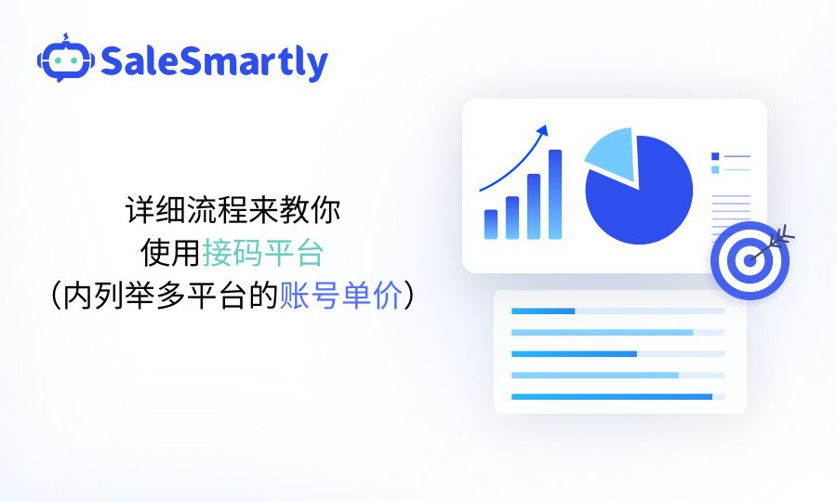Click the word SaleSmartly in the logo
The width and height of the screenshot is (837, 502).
coord(214,61)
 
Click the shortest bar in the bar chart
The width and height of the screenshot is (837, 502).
coord(491,224)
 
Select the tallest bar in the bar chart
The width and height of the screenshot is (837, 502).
coord(555,194)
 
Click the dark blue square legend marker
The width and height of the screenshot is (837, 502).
coord(715,156)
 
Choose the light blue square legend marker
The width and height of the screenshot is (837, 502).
coord(715,169)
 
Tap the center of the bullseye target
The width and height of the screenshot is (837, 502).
coord(749,260)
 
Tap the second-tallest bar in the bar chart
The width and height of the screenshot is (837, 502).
coord(534,206)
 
